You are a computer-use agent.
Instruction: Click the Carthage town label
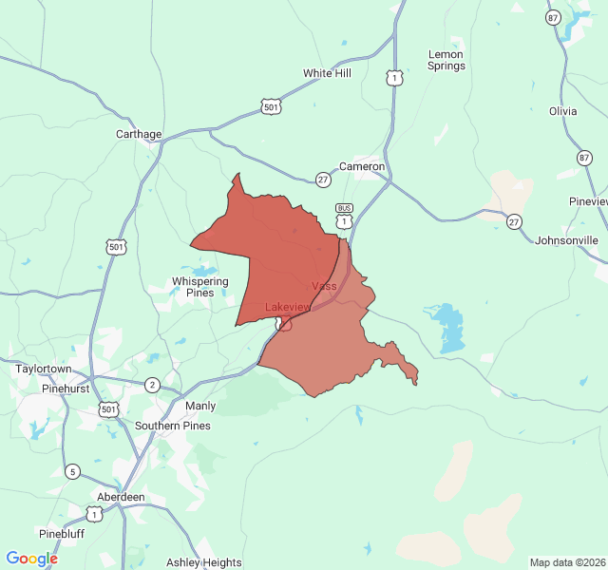click(139, 134)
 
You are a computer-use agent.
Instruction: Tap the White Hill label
click(327, 73)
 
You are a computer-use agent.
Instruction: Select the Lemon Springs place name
click(446, 60)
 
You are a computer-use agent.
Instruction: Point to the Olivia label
click(562, 111)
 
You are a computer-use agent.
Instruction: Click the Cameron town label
click(362, 166)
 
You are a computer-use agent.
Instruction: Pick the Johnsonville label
click(567, 240)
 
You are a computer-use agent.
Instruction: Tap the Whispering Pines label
click(199, 287)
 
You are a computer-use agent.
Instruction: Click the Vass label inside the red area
click(324, 286)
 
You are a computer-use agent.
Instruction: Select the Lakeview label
click(288, 307)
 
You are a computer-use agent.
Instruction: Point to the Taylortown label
click(44, 369)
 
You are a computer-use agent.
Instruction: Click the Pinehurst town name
click(66, 389)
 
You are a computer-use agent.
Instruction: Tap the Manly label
click(200, 406)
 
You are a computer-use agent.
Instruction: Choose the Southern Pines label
click(173, 426)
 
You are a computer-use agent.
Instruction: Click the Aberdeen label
click(121, 497)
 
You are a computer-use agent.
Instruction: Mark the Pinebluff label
click(62, 533)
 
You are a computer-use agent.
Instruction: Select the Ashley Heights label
click(203, 562)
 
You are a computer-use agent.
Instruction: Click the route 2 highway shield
click(152, 385)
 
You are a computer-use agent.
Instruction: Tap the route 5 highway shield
click(72, 471)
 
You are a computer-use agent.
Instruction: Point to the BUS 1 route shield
click(344, 216)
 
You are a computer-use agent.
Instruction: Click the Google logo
click(32, 559)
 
